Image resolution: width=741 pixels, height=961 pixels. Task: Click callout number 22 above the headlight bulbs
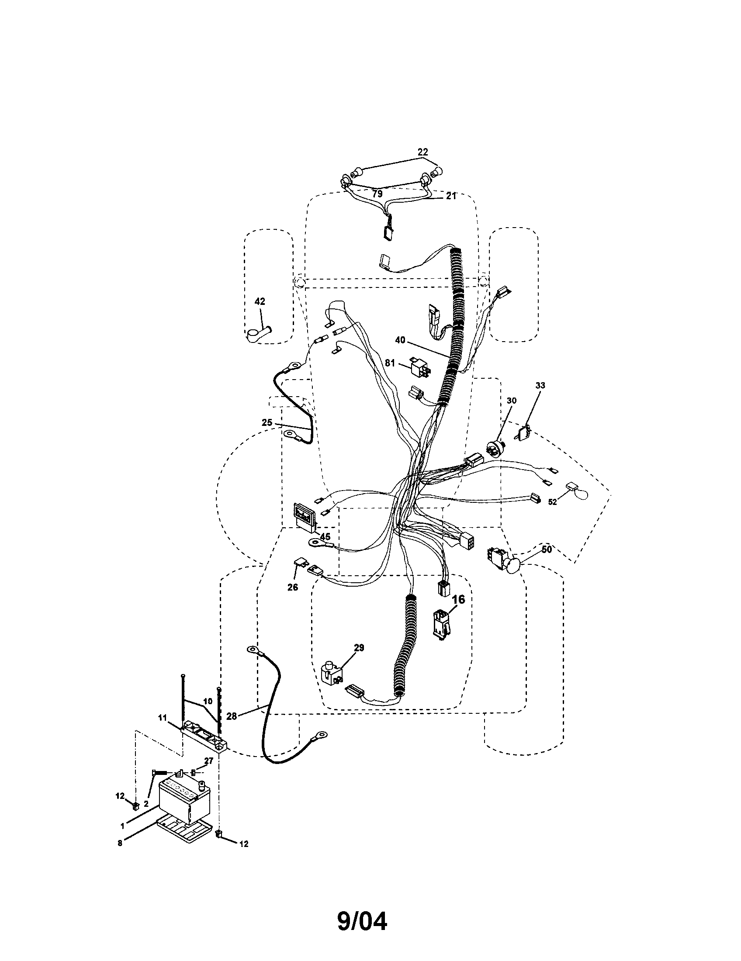tap(422, 152)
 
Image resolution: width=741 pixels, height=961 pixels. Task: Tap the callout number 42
tap(260, 301)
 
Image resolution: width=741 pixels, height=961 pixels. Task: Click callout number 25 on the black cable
tap(267, 422)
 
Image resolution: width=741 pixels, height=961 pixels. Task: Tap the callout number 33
tap(540, 385)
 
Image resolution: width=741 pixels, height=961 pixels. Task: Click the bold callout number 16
tap(458, 599)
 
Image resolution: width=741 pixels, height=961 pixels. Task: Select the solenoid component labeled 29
tap(332, 682)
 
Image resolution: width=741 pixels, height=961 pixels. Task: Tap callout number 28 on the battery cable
tap(232, 716)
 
